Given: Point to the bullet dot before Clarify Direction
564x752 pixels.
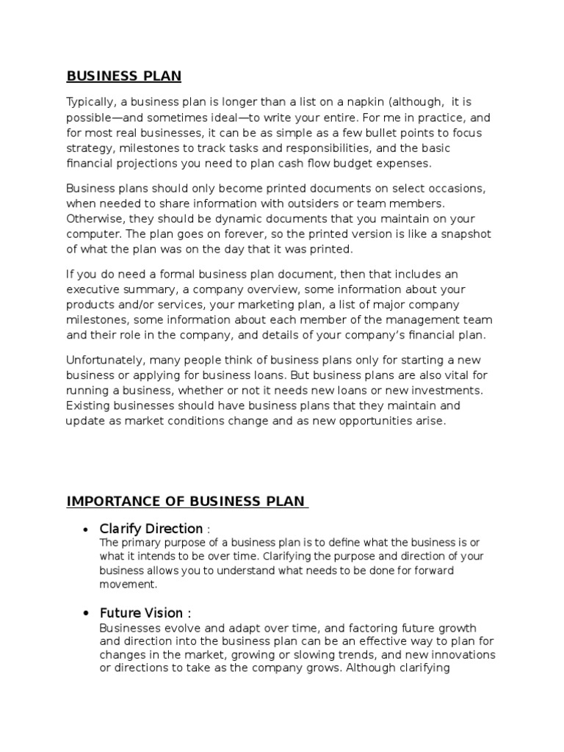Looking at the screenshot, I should coord(87,529).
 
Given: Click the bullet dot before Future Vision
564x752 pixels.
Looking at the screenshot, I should coord(87,613).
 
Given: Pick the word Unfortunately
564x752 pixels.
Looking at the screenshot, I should coord(104,360).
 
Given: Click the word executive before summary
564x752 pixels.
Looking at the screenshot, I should coord(91,289).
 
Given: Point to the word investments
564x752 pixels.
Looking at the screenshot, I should coord(448,390).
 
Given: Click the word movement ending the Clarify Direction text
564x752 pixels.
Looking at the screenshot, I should coord(127,585).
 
